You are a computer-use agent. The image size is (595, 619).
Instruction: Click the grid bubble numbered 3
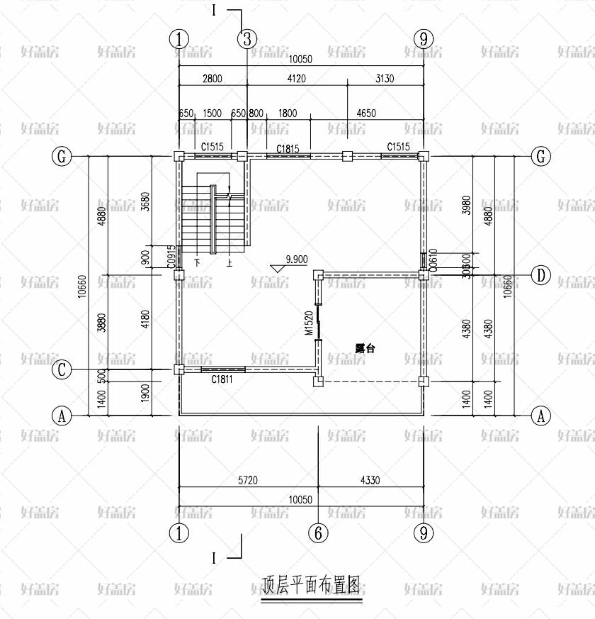click(x=246, y=39)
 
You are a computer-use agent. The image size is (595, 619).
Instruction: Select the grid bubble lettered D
click(x=541, y=276)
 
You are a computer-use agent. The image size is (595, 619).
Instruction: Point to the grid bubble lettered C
click(x=62, y=369)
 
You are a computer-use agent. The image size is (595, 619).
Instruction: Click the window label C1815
click(x=288, y=148)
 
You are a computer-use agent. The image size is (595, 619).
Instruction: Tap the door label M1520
click(x=309, y=323)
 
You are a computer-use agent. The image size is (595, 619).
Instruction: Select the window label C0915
click(x=171, y=256)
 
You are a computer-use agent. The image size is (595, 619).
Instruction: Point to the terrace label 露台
click(x=365, y=348)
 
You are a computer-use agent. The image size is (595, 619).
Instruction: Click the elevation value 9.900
click(x=296, y=260)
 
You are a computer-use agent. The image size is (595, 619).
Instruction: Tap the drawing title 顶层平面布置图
click(x=311, y=586)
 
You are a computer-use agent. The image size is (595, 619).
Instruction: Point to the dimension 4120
click(x=296, y=79)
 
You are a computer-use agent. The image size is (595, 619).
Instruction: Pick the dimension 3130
click(x=384, y=79)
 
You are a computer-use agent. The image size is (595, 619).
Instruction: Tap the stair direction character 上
click(x=229, y=262)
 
